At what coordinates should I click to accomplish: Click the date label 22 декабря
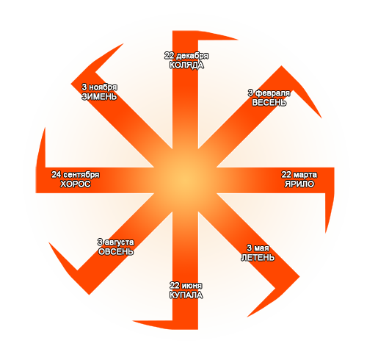point(186,56)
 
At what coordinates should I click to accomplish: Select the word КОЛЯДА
point(186,65)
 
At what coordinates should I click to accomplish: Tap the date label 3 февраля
point(269,93)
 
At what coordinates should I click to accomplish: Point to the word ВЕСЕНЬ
point(269,103)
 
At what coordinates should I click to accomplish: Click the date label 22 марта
point(299,175)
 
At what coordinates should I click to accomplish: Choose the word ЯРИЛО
point(299,184)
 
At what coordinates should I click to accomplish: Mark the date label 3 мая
point(258,248)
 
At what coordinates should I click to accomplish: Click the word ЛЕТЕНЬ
point(258,258)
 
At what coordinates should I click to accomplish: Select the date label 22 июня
point(186,286)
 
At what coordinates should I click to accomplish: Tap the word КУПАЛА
point(186,295)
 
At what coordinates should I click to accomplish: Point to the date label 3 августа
point(116,242)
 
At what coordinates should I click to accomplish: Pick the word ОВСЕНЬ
point(116,252)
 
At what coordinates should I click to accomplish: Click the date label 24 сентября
point(76,175)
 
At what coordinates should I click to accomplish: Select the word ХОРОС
point(76,184)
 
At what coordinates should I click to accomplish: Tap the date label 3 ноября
point(99,87)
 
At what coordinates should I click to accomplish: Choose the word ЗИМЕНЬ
point(99,96)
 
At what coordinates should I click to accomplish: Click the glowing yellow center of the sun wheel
point(185,181)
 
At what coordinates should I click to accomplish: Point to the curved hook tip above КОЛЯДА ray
point(239,40)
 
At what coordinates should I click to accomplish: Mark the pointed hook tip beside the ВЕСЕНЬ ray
point(322,118)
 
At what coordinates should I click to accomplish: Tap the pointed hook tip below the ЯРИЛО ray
point(325,233)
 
